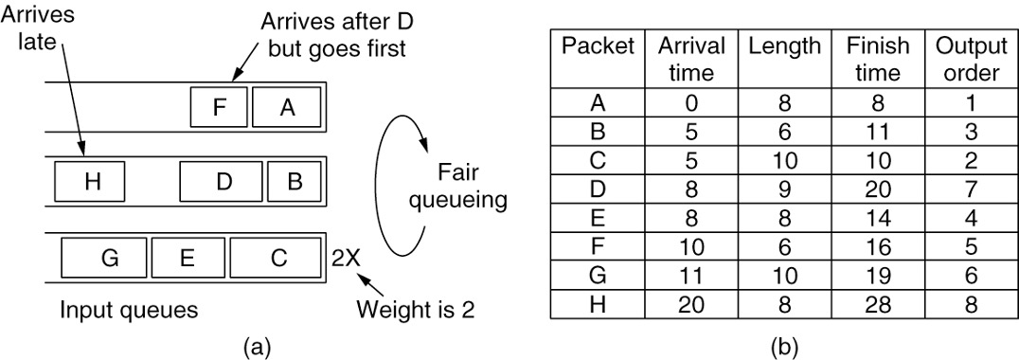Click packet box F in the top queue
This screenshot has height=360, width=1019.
pos(219,107)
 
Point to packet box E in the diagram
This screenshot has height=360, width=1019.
pos(188,257)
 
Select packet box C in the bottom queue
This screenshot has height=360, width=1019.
pos(275,257)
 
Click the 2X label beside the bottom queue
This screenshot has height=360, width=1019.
pos(344,257)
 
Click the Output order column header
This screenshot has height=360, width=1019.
pos(968,60)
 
